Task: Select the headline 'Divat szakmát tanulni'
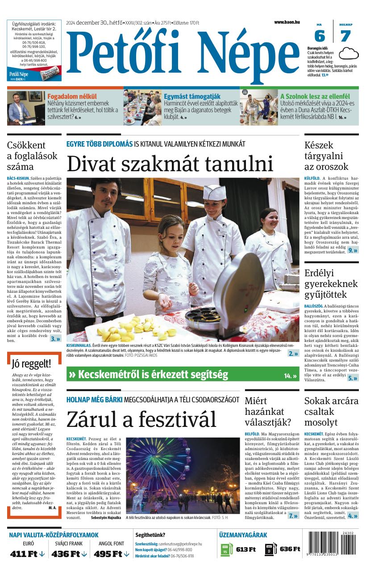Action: point(170,164)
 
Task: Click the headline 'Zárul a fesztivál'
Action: point(141,419)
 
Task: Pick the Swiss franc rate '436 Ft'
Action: point(66,554)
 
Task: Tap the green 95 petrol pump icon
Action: point(227,549)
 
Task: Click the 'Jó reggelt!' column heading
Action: point(31,363)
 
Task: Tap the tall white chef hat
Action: point(214,192)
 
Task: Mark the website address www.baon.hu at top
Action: point(287,22)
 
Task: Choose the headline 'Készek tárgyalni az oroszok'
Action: point(326,156)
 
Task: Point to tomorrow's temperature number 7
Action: point(345,36)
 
